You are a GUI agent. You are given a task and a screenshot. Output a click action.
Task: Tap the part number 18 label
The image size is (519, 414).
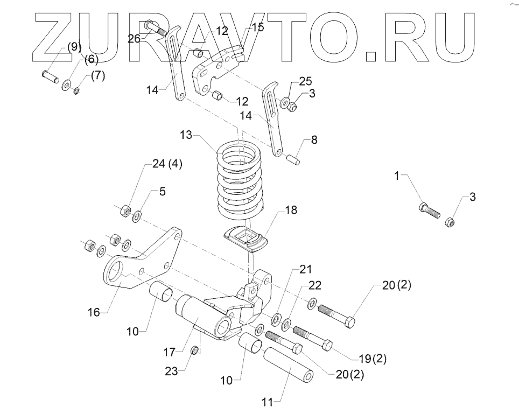pyautogui.click(x=291, y=210)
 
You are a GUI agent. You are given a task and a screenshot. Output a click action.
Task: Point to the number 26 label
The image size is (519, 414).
pyautogui.click(x=134, y=38)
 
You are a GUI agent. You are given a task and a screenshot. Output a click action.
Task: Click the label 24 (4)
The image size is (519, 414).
pyautogui.click(x=167, y=164)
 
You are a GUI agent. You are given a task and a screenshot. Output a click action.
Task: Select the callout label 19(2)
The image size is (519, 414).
pyautogui.click(x=373, y=358)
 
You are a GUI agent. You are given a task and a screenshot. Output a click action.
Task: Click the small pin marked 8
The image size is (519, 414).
pyautogui.click(x=293, y=159)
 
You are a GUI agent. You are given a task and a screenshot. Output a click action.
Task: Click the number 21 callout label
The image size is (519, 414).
pyautogui.click(x=305, y=269)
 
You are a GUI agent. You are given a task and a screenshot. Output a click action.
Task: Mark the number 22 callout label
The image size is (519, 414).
pyautogui.click(x=315, y=286)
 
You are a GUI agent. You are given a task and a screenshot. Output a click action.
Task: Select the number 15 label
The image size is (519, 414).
pyautogui.click(x=258, y=27)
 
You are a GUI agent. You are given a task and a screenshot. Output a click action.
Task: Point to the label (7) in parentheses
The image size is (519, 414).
pyautogui.click(x=97, y=76)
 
